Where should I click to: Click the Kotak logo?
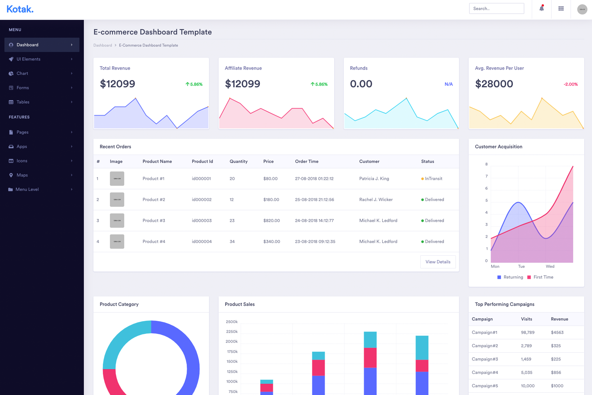tap(20, 9)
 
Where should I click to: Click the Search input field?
tap(496, 8)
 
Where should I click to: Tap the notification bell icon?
tap(542, 8)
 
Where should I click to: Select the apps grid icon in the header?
tap(561, 9)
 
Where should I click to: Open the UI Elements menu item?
tap(29, 59)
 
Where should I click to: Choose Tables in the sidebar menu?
tap(23, 102)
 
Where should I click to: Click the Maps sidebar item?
tap(22, 175)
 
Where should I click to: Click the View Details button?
tap(438, 262)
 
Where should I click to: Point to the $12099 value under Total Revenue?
tap(117, 84)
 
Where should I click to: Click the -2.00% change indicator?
tap(571, 84)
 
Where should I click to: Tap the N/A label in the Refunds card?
tap(449, 84)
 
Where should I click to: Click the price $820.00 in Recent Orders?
tap(272, 221)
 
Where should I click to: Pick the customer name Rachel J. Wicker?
tap(376, 200)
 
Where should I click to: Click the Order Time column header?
tap(307, 161)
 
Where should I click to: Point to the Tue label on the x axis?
tap(521, 266)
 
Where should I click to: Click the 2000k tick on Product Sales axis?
tap(232, 342)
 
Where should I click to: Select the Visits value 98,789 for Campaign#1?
tap(528, 333)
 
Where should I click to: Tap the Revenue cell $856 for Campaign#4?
tap(556, 373)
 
